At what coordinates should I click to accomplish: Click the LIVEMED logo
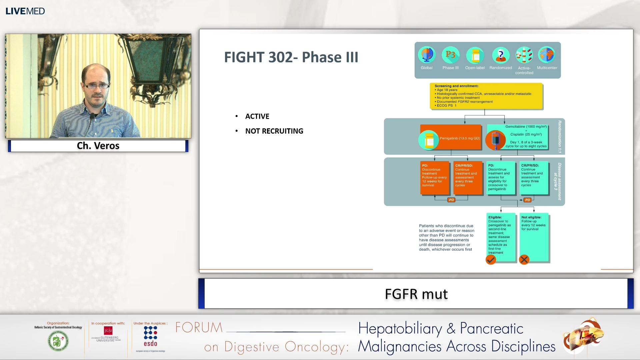[x=25, y=11]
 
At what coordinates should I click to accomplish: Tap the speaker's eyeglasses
[x=97, y=86]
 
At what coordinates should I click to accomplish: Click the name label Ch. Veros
[x=98, y=146]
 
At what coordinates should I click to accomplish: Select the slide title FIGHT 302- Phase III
[x=291, y=57]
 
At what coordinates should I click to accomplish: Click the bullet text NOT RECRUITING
[x=274, y=131]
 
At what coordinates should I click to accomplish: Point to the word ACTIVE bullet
[x=257, y=116]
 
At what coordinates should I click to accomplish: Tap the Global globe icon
[x=427, y=55]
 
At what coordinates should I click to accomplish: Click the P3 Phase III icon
[x=450, y=55]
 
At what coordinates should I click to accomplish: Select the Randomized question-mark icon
[x=500, y=55]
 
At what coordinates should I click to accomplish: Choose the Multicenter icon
[x=547, y=55]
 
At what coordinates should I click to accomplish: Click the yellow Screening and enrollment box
[x=486, y=96]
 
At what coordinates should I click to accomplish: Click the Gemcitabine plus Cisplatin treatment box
[x=517, y=137]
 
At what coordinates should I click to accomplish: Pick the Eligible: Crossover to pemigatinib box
[x=500, y=235]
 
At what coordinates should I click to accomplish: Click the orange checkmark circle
[x=491, y=260]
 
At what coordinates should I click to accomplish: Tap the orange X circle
[x=524, y=260]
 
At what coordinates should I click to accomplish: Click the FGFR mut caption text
[x=416, y=294]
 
